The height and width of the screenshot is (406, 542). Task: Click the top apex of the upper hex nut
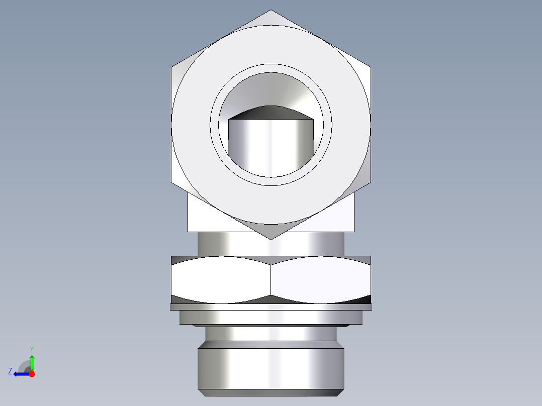(x=270, y=11)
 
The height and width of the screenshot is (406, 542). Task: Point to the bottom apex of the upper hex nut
(x=270, y=239)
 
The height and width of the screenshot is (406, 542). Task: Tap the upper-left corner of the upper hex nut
(x=172, y=67)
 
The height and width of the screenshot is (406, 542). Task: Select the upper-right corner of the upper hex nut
(x=371, y=67)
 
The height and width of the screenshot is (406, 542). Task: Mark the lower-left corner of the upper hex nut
(x=172, y=183)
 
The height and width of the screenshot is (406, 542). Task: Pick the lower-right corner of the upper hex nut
(x=371, y=183)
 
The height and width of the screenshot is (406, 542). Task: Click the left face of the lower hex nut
(x=221, y=279)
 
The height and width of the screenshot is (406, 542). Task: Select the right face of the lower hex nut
(x=321, y=279)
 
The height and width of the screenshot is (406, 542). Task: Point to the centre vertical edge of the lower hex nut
(x=271, y=279)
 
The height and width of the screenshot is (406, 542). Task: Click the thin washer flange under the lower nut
(x=270, y=307)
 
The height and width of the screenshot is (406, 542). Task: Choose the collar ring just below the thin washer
(x=270, y=317)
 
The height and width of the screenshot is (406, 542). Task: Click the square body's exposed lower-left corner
(x=189, y=230)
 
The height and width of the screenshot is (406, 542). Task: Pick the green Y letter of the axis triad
(x=31, y=349)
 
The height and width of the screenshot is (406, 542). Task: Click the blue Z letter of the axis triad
(x=10, y=371)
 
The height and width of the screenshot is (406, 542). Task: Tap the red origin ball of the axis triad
(x=32, y=374)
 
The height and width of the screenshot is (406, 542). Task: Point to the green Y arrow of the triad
(x=32, y=361)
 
